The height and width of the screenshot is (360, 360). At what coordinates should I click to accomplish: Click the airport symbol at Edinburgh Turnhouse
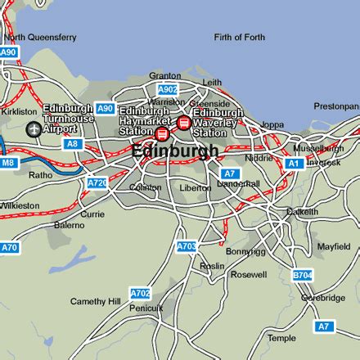33,128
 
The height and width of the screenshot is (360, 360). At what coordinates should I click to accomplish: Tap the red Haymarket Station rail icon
162,133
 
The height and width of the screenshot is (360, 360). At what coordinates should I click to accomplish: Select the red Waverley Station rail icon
184,123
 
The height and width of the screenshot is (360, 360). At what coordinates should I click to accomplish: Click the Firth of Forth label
239,37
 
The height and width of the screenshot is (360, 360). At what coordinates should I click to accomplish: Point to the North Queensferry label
40,37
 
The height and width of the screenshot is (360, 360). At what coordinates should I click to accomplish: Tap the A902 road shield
167,89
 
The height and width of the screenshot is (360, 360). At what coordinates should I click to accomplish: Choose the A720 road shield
97,183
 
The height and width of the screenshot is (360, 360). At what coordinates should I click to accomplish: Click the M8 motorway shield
9,163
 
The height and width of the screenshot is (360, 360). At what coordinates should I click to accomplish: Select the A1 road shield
294,164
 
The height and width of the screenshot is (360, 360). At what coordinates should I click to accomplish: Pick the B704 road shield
302,275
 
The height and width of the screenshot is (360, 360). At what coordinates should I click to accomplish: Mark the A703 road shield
187,245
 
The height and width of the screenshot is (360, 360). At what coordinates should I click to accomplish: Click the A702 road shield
141,292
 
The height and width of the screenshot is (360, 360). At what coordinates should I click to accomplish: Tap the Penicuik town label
146,308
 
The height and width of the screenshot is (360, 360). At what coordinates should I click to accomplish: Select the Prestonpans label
336,106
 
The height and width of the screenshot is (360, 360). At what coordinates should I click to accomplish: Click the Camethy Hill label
95,301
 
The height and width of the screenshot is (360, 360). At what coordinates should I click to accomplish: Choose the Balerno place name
69,224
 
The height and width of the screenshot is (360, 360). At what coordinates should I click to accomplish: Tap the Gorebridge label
322,298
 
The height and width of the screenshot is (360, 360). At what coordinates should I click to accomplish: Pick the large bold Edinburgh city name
175,151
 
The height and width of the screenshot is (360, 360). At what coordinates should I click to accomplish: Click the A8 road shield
72,144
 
